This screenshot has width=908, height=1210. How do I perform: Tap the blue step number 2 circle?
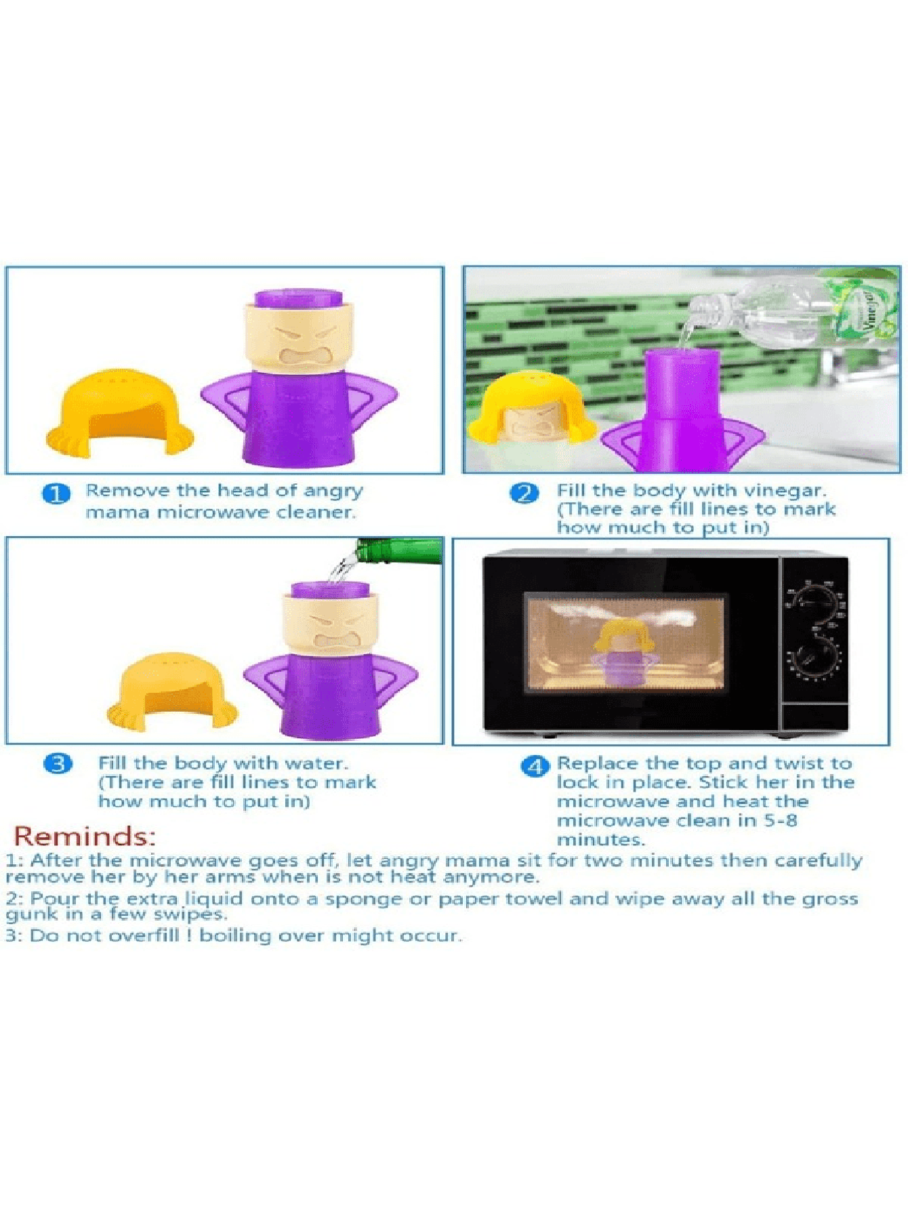coord(524,493)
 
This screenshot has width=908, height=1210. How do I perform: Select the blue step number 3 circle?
coord(58,764)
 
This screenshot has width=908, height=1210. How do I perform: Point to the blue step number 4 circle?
coord(535,767)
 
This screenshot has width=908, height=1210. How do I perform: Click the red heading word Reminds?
coord(85,836)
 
